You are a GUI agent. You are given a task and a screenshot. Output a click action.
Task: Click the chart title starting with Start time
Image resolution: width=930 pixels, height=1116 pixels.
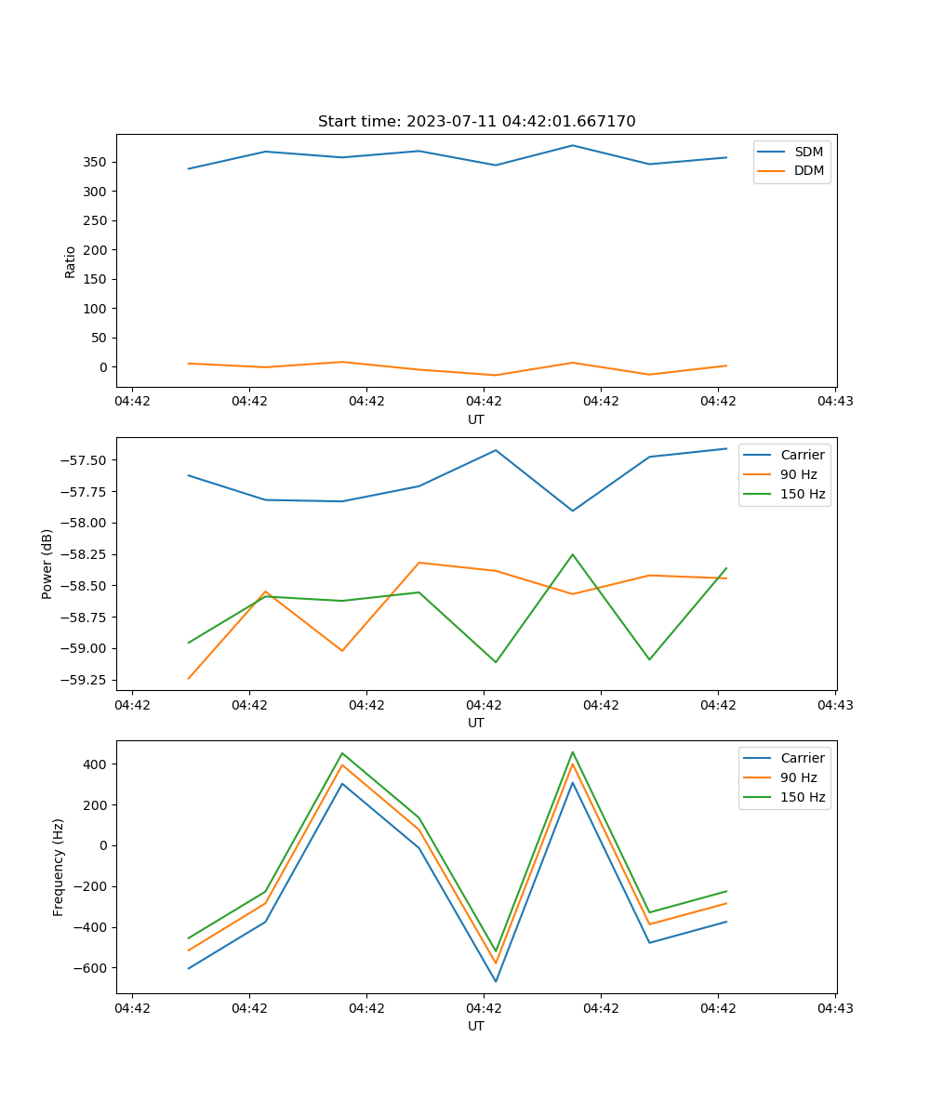point(476,122)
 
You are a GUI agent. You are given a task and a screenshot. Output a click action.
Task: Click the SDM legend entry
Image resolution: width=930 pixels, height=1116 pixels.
point(808,152)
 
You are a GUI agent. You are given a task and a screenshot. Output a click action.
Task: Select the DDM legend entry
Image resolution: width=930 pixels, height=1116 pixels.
point(808,170)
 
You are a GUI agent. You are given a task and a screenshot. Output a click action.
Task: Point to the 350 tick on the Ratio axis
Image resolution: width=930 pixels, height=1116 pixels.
point(97,162)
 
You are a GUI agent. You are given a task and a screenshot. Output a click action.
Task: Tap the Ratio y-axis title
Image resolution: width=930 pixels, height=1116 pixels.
point(71,261)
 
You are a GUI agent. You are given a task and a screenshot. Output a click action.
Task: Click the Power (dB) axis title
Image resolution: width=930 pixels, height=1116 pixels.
point(47,564)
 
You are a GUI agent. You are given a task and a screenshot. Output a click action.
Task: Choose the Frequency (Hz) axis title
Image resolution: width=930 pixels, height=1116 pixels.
point(59,867)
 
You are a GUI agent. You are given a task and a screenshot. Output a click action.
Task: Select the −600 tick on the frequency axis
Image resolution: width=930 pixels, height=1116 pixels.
point(91,968)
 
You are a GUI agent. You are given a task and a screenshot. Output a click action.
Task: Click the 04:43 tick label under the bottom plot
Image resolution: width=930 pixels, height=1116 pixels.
point(834,1008)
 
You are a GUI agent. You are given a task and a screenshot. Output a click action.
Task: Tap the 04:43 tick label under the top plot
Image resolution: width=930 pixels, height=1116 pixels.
point(834,402)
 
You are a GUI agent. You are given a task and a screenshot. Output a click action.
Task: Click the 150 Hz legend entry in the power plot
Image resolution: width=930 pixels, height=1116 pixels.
point(803,494)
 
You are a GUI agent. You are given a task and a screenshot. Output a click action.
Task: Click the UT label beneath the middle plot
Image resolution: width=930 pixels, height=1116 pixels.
point(476,723)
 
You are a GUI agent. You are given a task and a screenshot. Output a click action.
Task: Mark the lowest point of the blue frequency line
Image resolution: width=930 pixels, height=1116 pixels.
point(496,981)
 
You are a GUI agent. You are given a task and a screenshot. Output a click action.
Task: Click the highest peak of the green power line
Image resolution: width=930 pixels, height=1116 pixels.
point(573,554)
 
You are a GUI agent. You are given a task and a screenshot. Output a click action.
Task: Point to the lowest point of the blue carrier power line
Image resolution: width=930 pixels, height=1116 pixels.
point(573,511)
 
